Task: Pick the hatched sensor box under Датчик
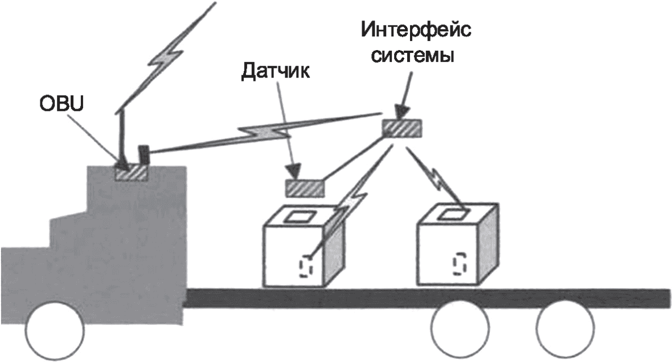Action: pyautogui.click(x=305, y=187)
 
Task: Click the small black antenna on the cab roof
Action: pyautogui.click(x=144, y=154)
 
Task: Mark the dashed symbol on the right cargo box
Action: pyautogui.click(x=459, y=265)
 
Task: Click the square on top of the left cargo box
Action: pyautogui.click(x=297, y=216)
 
